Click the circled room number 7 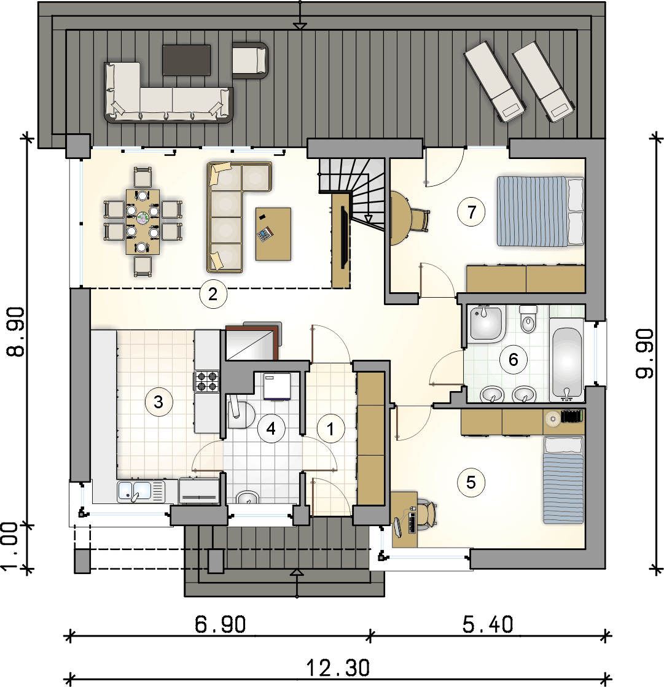(x=471, y=212)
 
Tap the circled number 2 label (x=213, y=294)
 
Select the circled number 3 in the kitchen (x=158, y=402)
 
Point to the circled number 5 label (x=471, y=483)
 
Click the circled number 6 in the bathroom (x=514, y=360)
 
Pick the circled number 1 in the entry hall (x=331, y=429)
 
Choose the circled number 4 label (x=271, y=429)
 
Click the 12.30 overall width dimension (x=337, y=668)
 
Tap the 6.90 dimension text (x=220, y=624)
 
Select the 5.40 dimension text (x=487, y=624)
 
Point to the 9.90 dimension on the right (x=645, y=354)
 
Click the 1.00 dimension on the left (x=10, y=546)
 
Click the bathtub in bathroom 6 (x=566, y=360)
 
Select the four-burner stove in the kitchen (x=207, y=381)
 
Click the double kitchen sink (x=140, y=491)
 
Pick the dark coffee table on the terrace (x=186, y=60)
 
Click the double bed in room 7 (x=540, y=211)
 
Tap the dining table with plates (x=143, y=222)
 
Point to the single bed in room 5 (x=564, y=479)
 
